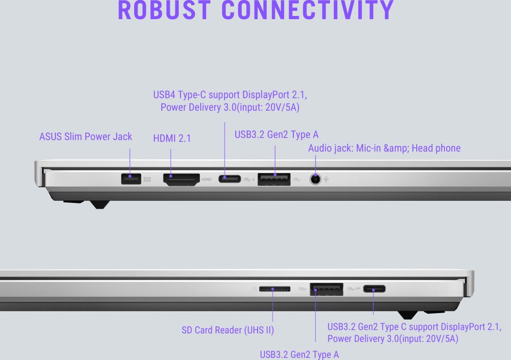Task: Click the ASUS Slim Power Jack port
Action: pyautogui.click(x=131, y=179)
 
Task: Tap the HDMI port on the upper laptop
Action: pyautogui.click(x=182, y=179)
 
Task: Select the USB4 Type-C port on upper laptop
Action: pyautogui.click(x=230, y=179)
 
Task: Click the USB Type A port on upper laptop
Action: pyautogui.click(x=274, y=179)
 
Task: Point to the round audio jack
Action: pyautogui.click(x=315, y=179)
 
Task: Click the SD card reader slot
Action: pyautogui.click(x=275, y=289)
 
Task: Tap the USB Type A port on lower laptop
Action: pyautogui.click(x=326, y=289)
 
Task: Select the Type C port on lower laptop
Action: pyautogui.click(x=374, y=289)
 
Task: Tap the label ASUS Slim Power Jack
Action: pyautogui.click(x=86, y=137)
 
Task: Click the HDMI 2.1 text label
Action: pyautogui.click(x=172, y=138)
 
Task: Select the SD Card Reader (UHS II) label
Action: pyautogui.click(x=228, y=330)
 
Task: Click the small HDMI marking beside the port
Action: pyautogui.click(x=207, y=179)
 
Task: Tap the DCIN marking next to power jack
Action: pyautogui.click(x=147, y=179)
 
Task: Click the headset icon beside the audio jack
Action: pyautogui.click(x=326, y=179)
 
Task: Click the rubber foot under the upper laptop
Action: pyautogui.click(x=100, y=204)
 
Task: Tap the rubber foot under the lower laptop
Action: pyautogui.click(x=408, y=315)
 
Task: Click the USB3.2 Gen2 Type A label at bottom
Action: pyautogui.click(x=299, y=355)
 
